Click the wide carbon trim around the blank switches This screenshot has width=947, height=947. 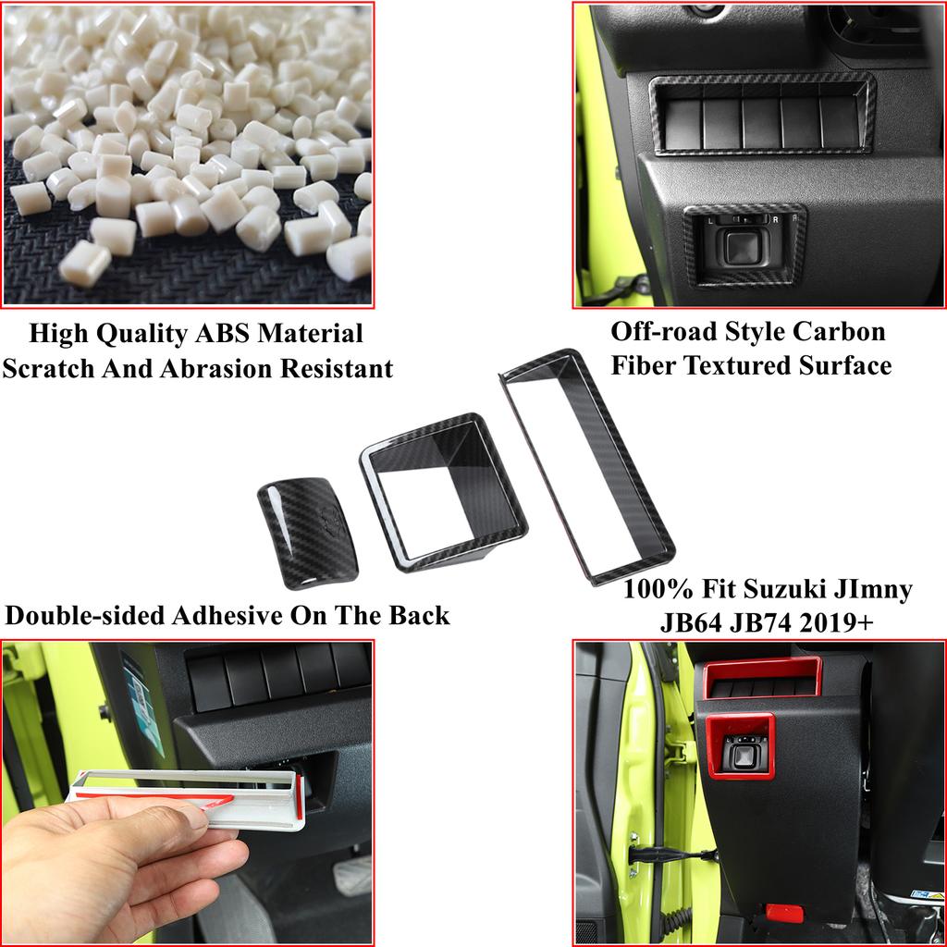click(763, 114)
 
